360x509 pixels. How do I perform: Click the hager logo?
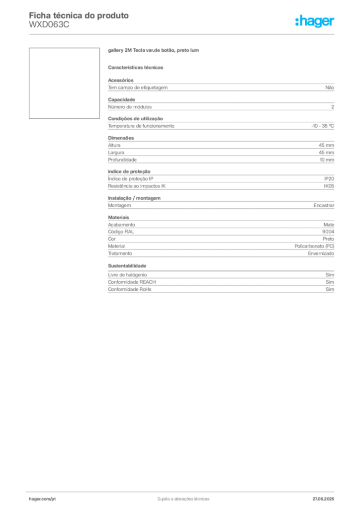[315, 21]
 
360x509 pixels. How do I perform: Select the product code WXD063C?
[49, 25]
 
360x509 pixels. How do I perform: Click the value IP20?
[329, 179]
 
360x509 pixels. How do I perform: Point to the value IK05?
[329, 186]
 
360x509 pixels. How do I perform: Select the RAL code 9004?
[328, 232]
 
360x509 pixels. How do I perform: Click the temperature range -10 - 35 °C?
[322, 126]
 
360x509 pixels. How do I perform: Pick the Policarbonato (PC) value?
[314, 246]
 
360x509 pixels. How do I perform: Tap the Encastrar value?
[324, 205]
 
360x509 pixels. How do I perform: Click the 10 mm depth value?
[327, 160]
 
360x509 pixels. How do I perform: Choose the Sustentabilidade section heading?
[127, 266]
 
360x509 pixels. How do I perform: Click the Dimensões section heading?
[121, 138]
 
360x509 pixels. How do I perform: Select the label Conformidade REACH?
[132, 282]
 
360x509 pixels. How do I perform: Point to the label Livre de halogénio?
[127, 275]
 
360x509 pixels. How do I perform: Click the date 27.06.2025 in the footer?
[323, 499]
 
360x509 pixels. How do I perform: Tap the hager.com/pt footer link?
[42, 499]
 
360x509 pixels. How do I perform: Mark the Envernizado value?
[321, 254]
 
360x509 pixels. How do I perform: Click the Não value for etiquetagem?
[330, 87]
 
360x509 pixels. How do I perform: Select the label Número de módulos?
[130, 107]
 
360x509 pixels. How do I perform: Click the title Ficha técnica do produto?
[79, 15]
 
